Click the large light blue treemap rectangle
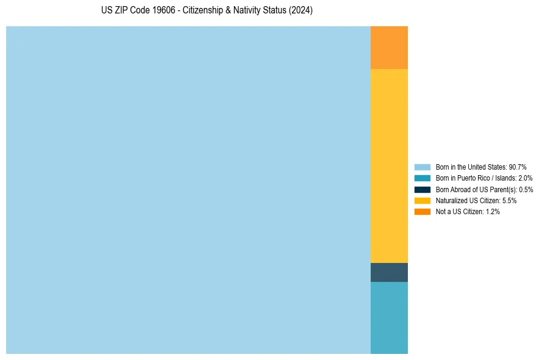(x=188, y=190)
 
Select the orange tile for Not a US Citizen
(x=389, y=48)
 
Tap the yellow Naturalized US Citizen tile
(x=389, y=166)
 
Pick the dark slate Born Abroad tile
(x=389, y=272)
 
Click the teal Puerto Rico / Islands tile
(x=389, y=317)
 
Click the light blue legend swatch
(x=422, y=167)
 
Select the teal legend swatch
(x=422, y=178)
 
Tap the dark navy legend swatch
(x=422, y=189)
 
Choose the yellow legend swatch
(x=422, y=200)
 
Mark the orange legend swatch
(x=422, y=211)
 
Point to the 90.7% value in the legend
(x=518, y=167)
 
